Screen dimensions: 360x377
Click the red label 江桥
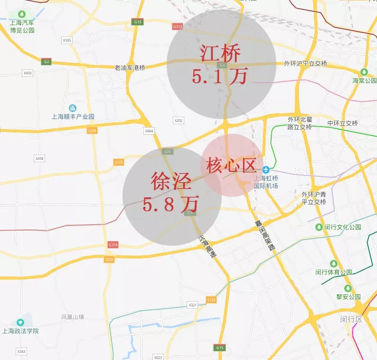[220, 53]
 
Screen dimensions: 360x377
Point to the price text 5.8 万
[170, 204]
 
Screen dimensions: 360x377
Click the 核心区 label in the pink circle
[231, 166]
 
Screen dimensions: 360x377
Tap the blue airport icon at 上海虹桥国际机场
[266, 169]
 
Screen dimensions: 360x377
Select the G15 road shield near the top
[138, 22]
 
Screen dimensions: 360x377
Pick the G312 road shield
[178, 27]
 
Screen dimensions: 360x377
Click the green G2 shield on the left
[46, 62]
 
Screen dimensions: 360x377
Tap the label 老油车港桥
[130, 68]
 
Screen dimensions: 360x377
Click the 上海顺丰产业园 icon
[73, 109]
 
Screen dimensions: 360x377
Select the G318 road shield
[113, 245]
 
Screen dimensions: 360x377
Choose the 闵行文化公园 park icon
[319, 227]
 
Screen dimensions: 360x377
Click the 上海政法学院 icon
[20, 323]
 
